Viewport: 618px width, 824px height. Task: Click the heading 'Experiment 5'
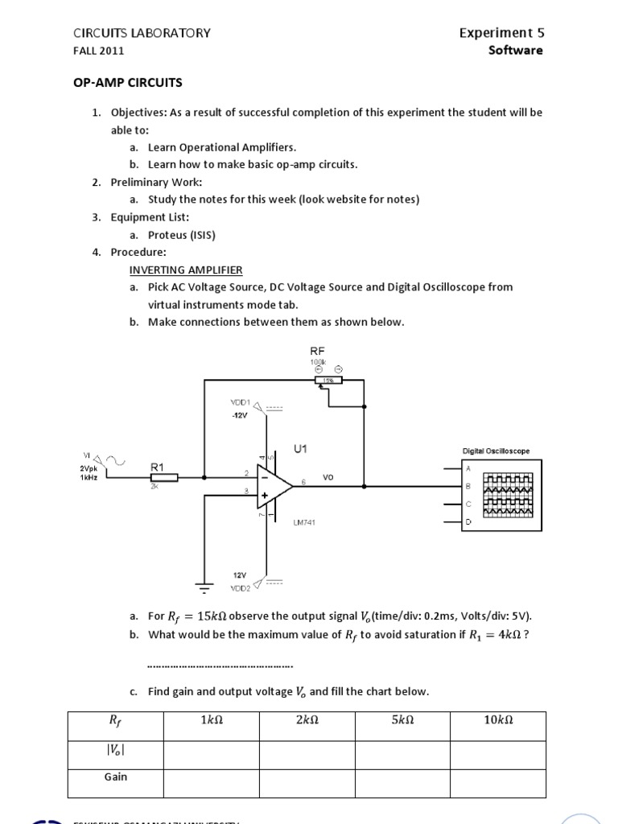[x=501, y=33]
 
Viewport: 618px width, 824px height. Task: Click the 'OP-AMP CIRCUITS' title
[x=128, y=82]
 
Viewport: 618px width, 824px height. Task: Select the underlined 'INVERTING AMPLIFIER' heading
[x=186, y=270]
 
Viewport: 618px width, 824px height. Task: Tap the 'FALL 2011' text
[x=98, y=51]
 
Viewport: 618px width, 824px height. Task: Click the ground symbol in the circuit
[x=204, y=588]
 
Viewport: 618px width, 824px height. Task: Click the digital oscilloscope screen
[x=508, y=493]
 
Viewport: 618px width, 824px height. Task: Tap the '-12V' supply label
[x=241, y=416]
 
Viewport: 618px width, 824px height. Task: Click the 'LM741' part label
[x=304, y=522]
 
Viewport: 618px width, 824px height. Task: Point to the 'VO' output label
[x=328, y=477]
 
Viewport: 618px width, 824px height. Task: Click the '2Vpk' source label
[x=89, y=468]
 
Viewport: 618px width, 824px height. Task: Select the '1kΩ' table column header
[x=211, y=721]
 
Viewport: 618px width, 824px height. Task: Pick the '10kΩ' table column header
[x=498, y=721]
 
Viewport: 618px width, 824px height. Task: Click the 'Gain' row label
[x=116, y=777]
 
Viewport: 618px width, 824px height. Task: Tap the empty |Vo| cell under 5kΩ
[x=402, y=754]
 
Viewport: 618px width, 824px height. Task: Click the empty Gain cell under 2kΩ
[x=307, y=783]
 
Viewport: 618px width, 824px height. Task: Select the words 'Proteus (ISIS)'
[x=181, y=235]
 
